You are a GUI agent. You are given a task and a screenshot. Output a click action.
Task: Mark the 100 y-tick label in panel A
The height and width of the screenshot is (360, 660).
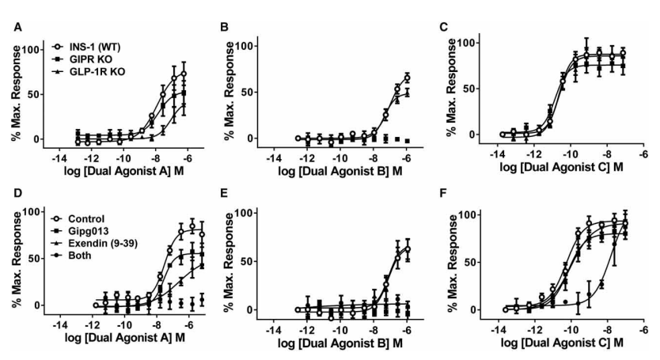(x=32, y=49)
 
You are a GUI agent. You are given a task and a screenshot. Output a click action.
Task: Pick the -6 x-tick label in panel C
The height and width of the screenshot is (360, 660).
(x=643, y=157)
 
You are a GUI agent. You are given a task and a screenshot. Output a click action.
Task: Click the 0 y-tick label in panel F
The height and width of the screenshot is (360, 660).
(x=472, y=309)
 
